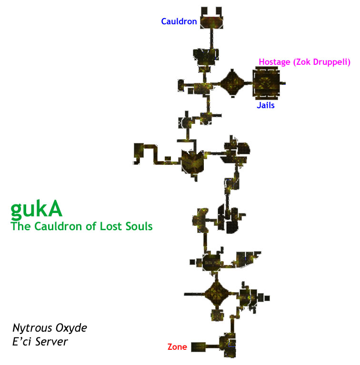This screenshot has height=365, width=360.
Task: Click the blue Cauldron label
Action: click(179, 21)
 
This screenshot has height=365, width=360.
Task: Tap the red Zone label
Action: click(177, 347)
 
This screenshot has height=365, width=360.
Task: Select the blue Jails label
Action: click(265, 106)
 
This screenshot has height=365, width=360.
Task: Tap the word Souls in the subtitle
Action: click(139, 226)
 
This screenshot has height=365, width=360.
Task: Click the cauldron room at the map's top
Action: click(211, 21)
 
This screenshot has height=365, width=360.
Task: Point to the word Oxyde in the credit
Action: click(70, 328)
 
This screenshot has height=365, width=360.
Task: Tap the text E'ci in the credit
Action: click(21, 342)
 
